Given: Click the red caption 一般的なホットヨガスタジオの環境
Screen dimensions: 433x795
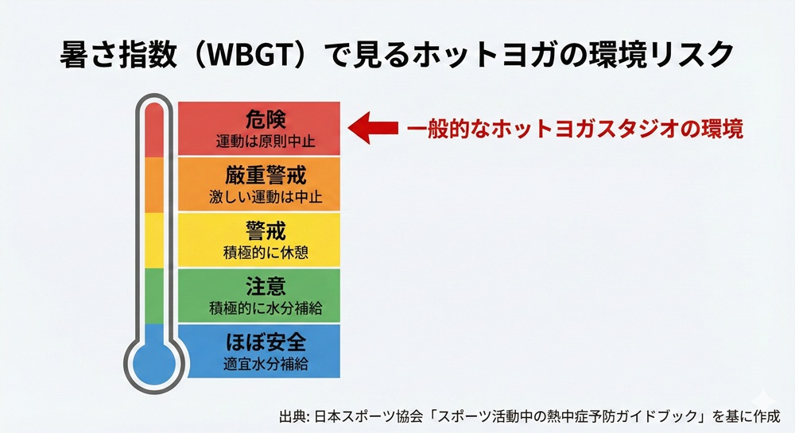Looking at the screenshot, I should click(x=576, y=130).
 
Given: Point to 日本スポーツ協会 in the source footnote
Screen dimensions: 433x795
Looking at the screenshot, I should click(x=363, y=416).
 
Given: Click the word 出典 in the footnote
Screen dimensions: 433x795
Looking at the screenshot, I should click(x=292, y=416).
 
